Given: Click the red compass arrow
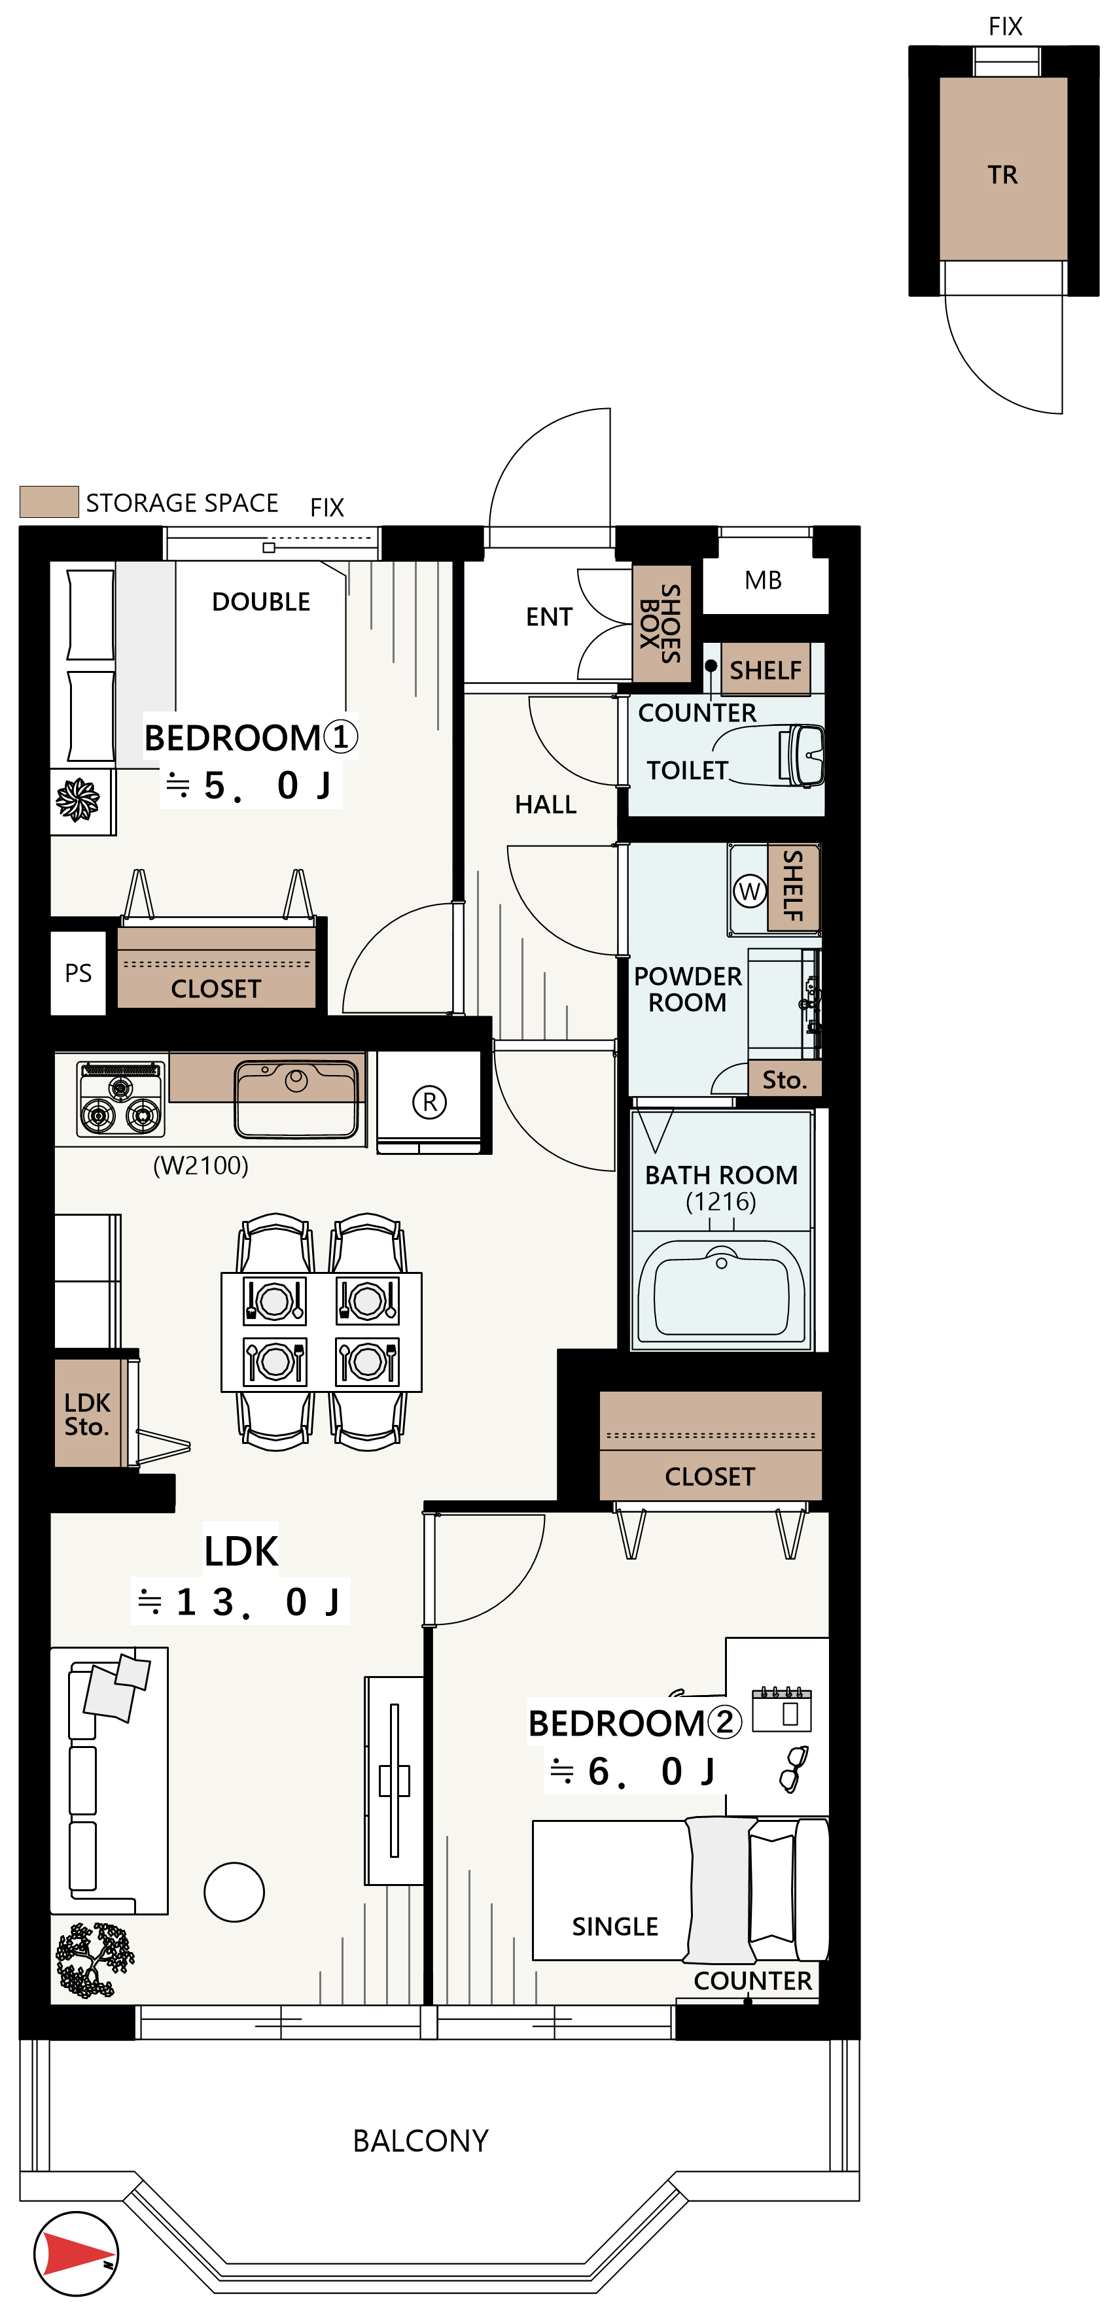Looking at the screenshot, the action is point(77,2253).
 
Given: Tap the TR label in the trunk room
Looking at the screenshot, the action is point(1002,175).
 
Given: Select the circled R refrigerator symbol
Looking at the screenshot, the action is point(429,1102).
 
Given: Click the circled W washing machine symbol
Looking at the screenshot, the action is point(749,891).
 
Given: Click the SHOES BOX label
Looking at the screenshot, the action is point(660,622).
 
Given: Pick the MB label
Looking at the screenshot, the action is point(763,581).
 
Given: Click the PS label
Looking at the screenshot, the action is point(79,973).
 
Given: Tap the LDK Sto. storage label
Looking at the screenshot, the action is point(86,1415).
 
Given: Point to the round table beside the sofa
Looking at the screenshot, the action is point(234,1892).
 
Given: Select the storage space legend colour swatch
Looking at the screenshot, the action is point(50,502).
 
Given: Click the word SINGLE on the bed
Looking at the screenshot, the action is point(615,1927).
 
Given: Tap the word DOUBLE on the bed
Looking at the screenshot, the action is point(260,602).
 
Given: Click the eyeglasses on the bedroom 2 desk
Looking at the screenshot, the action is point(793,1770).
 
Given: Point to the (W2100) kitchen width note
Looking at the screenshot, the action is point(200,1165).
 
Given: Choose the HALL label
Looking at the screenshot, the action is point(546,804).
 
